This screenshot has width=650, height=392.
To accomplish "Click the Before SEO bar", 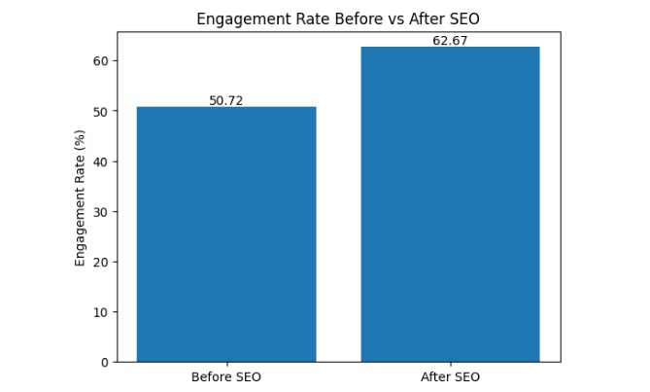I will coord(226,233).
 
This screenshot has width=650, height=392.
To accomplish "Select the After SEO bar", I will coord(450,204).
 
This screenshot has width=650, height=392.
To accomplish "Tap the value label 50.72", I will coord(226,100).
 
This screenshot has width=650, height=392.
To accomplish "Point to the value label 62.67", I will coord(450,41).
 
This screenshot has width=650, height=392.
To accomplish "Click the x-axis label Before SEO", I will coord(226,376).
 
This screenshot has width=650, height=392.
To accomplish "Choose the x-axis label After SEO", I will coord(450,376).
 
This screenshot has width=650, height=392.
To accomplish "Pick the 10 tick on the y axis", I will coord(102,312).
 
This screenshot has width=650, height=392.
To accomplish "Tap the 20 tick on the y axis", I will coord(102,262).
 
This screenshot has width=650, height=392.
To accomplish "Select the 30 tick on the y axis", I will coord(102,211).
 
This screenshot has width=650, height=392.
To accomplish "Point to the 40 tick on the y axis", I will coord(102,161).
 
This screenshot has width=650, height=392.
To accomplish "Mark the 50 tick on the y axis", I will coord(102,111).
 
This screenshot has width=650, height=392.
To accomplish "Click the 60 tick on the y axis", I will coord(102,60).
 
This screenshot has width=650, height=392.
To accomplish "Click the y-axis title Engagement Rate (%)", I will coord(81,196).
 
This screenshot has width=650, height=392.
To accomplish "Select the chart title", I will coord(338,19).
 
